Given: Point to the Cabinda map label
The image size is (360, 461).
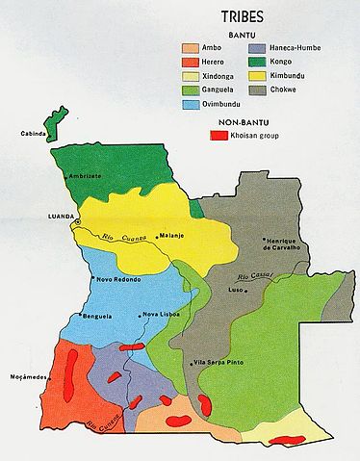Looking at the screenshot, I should [19, 135].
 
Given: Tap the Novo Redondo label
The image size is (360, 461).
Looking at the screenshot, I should [119, 279].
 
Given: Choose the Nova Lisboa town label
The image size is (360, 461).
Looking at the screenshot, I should [160, 315].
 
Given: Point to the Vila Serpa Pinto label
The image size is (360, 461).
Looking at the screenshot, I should [219, 362].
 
